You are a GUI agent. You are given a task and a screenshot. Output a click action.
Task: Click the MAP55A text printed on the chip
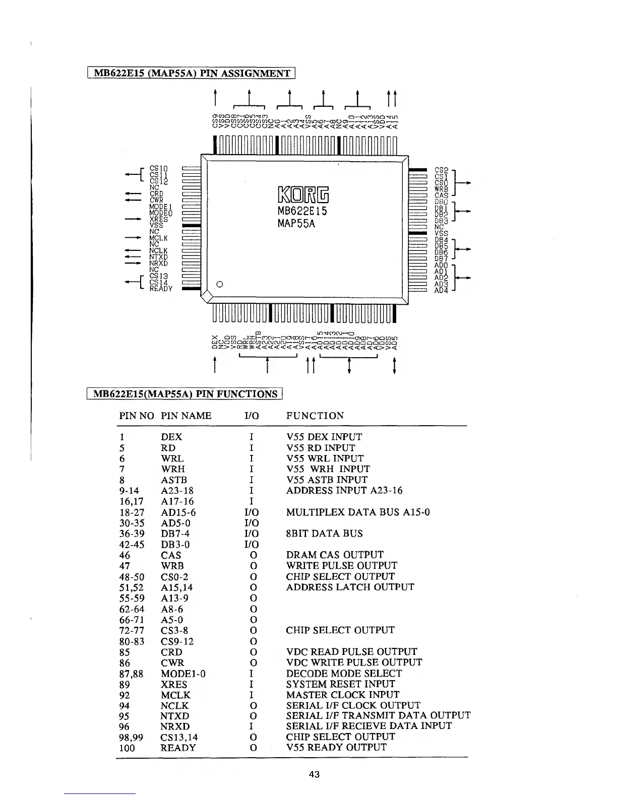coord(296,223)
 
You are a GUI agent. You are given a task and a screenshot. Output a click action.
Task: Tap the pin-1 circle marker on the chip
coord(219,284)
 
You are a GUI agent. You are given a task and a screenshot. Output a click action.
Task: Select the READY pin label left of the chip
coord(161,289)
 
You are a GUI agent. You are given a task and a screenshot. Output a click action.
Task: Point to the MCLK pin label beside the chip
coord(158,238)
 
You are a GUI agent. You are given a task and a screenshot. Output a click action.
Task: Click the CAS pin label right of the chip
coord(442,195)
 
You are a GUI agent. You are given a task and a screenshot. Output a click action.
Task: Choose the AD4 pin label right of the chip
coord(441,290)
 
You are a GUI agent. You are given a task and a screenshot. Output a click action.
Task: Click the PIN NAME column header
coord(186,416)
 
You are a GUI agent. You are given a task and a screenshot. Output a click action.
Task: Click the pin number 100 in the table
coord(127,748)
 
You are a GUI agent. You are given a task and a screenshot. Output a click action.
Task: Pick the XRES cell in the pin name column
coord(174,685)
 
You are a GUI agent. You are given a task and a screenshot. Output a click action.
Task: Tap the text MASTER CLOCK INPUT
coord(342,695)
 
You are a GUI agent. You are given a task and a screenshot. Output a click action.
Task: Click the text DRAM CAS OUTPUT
coord(335,555)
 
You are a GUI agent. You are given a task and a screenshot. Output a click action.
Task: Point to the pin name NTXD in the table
coord(175,716)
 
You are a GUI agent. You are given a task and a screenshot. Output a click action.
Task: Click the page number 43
coord(314,774)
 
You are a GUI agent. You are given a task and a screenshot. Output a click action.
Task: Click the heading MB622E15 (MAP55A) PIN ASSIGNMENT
coord(191,74)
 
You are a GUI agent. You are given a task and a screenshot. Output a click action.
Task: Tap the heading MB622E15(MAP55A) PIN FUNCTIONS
coord(185,394)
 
